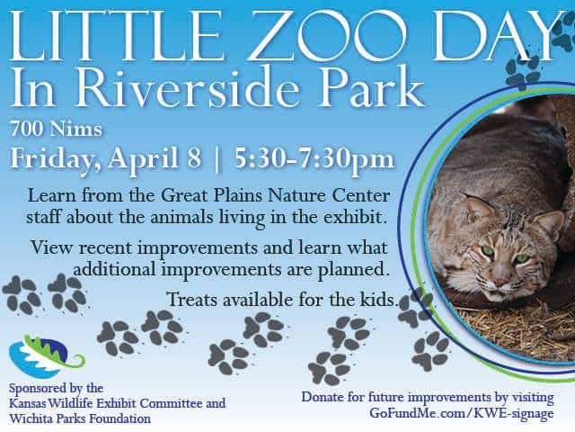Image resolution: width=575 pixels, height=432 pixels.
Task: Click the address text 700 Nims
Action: click(x=56, y=129)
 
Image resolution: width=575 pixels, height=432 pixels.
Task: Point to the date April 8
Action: click(x=155, y=158)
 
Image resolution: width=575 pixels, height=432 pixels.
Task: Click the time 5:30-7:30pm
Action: click(x=314, y=159)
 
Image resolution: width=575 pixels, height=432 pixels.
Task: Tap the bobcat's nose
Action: click(x=500, y=283)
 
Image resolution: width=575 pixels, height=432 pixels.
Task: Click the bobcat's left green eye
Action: click(x=488, y=252)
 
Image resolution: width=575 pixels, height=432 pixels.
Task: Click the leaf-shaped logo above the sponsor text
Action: click(x=46, y=356)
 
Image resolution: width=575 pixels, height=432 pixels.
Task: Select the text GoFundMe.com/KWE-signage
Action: click(x=462, y=413)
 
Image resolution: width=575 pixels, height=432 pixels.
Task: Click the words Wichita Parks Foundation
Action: click(x=80, y=418)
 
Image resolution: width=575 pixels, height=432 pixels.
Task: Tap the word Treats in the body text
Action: click(x=192, y=300)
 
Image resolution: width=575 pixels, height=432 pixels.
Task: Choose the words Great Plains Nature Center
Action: click(x=275, y=195)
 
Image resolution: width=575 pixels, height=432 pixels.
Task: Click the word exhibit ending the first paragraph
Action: click(x=355, y=217)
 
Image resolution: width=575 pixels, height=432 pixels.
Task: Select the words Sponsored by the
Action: click(x=56, y=388)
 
